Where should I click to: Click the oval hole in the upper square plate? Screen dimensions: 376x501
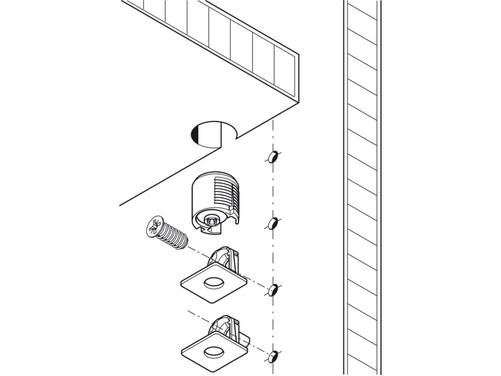pos(213,284)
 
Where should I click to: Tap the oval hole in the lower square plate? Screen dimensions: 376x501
pos(213,352)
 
